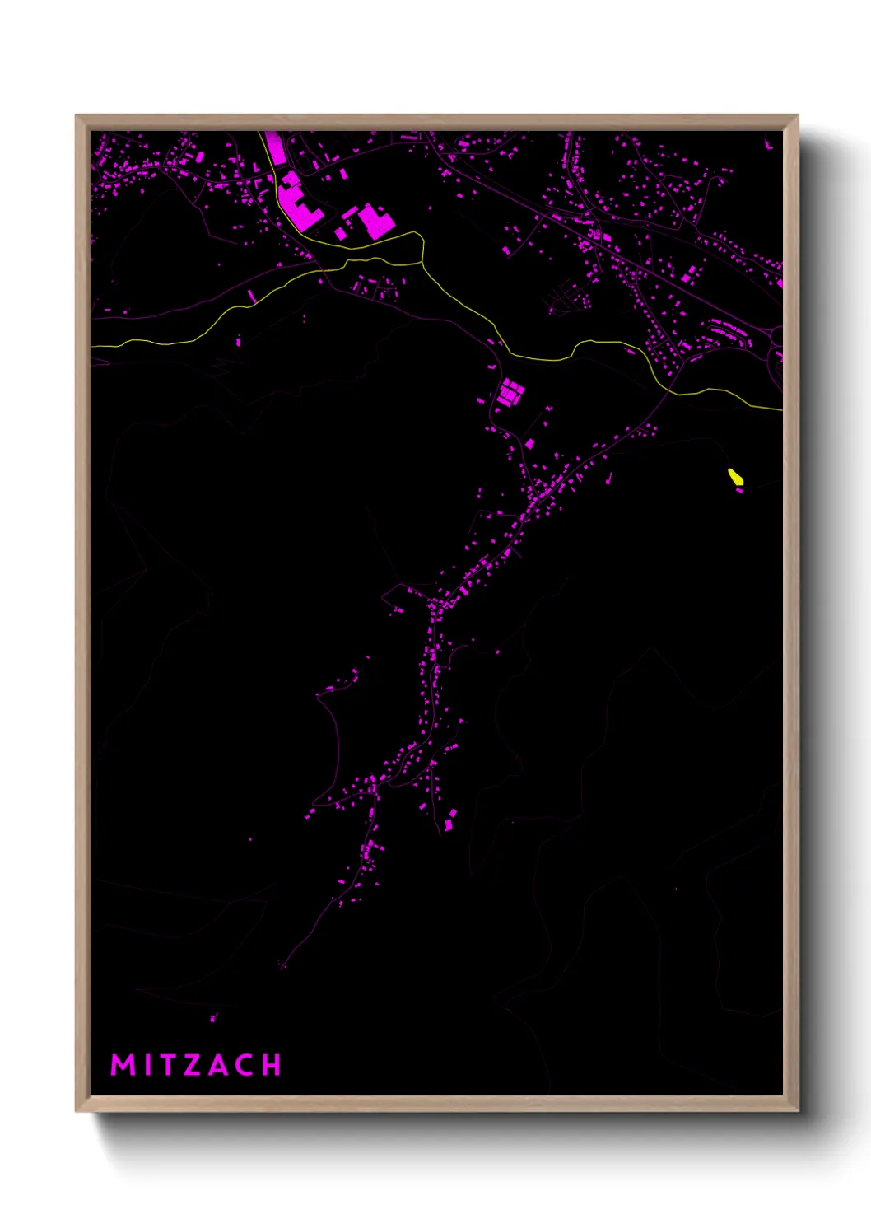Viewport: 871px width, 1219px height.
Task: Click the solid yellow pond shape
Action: point(735,477)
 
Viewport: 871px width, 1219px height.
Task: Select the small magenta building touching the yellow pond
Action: point(739,489)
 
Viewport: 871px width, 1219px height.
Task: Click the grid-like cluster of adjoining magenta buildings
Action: point(510,393)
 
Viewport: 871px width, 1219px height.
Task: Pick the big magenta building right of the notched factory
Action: point(375,221)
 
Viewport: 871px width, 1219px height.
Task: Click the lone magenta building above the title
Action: point(213,1018)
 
